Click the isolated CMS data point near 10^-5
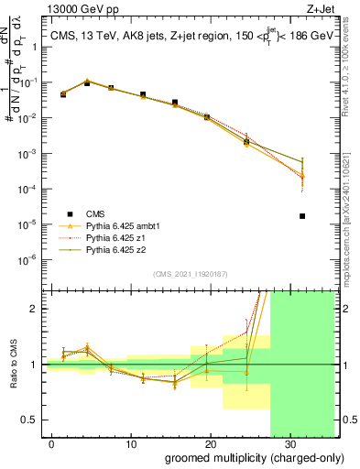(302, 216)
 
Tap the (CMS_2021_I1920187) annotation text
(190, 274)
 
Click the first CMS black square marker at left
(62, 94)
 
